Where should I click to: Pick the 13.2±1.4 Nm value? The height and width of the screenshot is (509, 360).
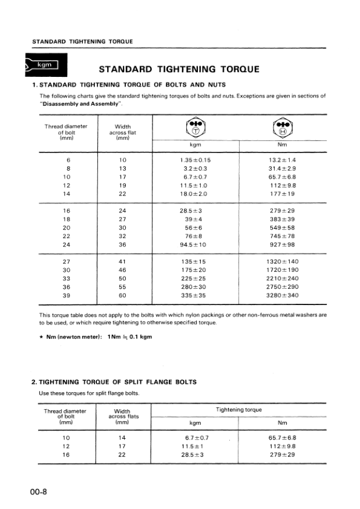pyautogui.click(x=281, y=160)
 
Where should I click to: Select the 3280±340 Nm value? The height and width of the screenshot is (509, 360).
pyautogui.click(x=281, y=295)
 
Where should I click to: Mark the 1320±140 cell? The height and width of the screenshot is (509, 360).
pyautogui.click(x=281, y=262)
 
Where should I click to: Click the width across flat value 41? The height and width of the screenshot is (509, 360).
pyautogui.click(x=122, y=262)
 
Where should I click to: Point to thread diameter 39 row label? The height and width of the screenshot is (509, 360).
pyautogui.click(x=68, y=295)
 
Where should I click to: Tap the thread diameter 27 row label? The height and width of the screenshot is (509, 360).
pyautogui.click(x=68, y=262)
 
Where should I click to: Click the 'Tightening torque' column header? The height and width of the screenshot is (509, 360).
pyautogui.click(x=238, y=410)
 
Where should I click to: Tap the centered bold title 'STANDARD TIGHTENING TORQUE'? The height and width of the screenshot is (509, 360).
pyautogui.click(x=179, y=69)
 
